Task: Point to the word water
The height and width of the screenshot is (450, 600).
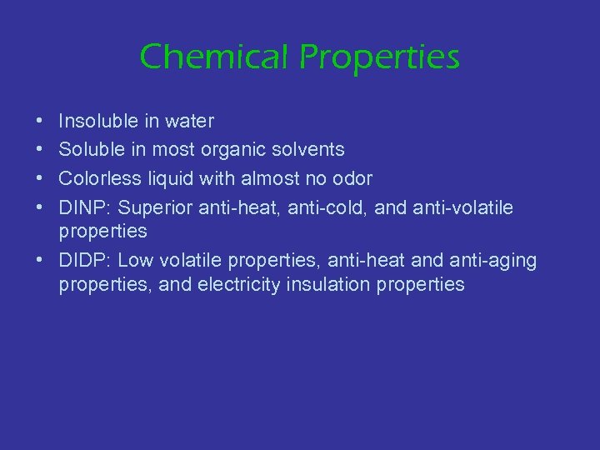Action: pyautogui.click(x=189, y=122)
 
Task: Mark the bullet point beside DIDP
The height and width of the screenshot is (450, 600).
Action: pyautogui.click(x=41, y=261)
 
